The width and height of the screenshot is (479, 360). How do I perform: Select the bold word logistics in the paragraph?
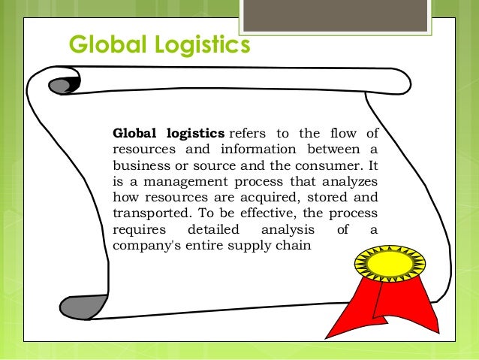tap(190, 135)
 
